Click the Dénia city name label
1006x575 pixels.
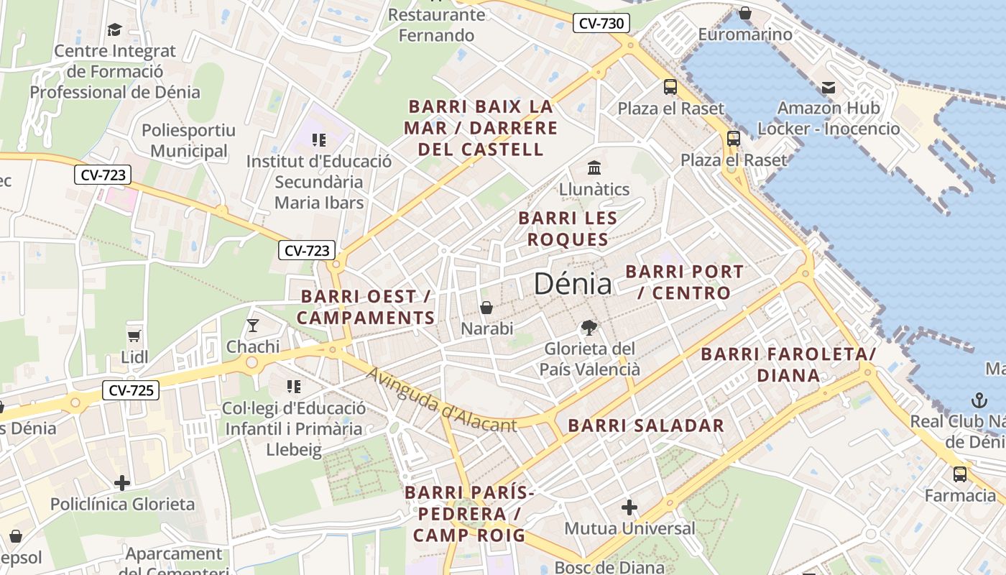573,285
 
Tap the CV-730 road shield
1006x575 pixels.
601,24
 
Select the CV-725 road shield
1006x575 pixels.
130,391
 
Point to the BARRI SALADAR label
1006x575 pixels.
646,425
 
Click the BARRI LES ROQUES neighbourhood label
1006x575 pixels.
568,228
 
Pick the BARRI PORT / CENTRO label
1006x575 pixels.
684,282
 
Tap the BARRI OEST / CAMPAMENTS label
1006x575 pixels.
366,307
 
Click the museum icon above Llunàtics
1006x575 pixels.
594,168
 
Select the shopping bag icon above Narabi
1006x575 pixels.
486,308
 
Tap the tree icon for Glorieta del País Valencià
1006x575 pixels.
589,328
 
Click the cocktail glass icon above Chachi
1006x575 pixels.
252,326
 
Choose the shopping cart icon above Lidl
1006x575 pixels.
134,336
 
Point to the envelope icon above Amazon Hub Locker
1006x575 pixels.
829,88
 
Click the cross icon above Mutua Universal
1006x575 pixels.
629,508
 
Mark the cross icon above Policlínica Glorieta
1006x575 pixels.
122,482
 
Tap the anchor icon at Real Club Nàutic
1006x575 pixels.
979,400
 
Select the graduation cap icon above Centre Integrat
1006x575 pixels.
114,29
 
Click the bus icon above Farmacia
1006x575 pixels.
960,474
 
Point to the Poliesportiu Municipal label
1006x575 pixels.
189,141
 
